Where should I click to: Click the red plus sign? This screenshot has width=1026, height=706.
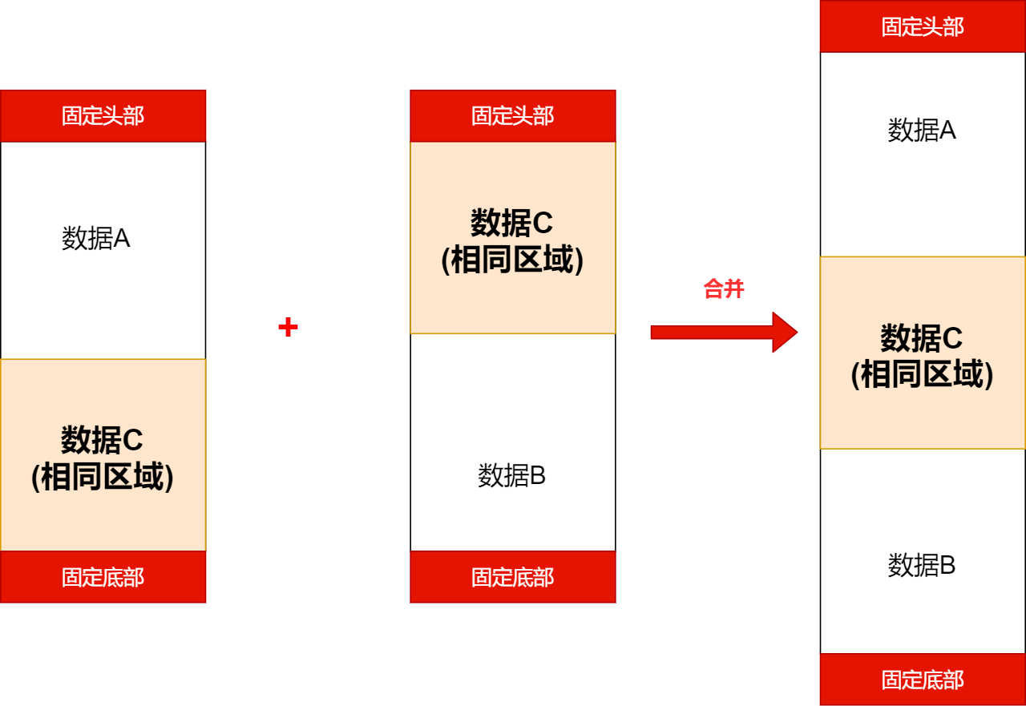tap(288, 327)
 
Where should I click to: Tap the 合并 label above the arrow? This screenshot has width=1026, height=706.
tap(724, 288)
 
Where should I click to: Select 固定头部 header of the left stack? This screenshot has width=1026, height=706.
tap(103, 115)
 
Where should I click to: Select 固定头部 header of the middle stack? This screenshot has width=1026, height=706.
tap(512, 115)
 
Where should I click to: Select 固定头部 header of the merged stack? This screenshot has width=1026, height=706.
tap(923, 26)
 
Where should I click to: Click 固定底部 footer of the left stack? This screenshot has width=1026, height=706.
tap(103, 577)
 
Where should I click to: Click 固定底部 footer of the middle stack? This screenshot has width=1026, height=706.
tap(512, 577)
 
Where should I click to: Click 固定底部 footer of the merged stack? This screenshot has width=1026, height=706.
tap(923, 680)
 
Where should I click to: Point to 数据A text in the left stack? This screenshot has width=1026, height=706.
tap(96, 238)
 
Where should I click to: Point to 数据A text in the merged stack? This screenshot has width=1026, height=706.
tap(922, 130)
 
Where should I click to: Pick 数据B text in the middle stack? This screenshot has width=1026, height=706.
tap(512, 475)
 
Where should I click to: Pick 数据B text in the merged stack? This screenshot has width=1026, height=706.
tap(922, 565)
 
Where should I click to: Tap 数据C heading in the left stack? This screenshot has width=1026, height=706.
tap(102, 440)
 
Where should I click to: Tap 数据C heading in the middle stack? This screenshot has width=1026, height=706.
tap(512, 223)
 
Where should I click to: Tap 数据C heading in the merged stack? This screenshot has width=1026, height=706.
tap(922, 338)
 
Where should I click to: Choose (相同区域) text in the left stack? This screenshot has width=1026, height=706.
tap(102, 478)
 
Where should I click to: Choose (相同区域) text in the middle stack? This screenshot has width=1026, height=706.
tap(512, 260)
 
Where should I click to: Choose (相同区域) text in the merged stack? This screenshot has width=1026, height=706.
tap(922, 375)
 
